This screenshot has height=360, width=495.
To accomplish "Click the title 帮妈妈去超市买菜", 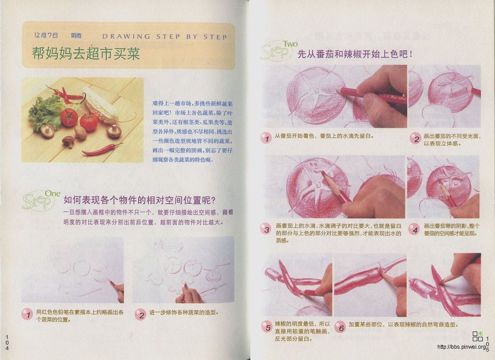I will point(86,54).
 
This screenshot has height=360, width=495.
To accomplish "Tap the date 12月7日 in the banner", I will point(46,36).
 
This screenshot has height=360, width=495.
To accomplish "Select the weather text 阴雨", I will point(76,36).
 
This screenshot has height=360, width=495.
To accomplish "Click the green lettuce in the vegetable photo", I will point(44,112).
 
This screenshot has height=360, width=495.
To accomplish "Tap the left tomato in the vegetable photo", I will point(69,117).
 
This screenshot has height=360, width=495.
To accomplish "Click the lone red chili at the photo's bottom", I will point(101,149).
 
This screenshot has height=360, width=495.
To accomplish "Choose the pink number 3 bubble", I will point(267,230).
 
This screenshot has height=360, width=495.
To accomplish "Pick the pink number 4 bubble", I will point(414,230).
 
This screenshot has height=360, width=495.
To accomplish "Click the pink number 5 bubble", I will point(267,327).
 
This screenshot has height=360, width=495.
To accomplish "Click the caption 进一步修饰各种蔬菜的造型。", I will point(186,312).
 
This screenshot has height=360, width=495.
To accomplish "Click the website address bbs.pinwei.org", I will point(463,346).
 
